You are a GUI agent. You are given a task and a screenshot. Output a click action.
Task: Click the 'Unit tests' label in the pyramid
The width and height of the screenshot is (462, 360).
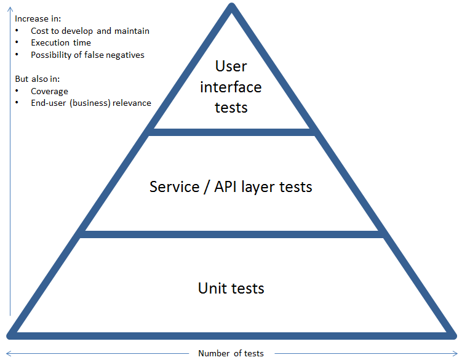point(231,288)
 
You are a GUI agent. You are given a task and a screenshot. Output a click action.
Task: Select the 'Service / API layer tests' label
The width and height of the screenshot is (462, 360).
point(231,186)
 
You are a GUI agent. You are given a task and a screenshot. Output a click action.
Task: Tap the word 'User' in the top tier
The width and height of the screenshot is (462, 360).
point(231,66)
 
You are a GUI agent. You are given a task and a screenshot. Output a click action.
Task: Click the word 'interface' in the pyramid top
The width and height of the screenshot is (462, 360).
point(231,87)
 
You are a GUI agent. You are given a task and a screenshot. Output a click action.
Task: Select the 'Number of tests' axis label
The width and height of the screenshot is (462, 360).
point(231,353)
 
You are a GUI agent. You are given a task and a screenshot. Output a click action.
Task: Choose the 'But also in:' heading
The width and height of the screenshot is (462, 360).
point(37,79)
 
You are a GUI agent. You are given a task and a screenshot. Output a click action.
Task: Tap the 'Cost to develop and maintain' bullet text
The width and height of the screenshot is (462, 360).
point(90,31)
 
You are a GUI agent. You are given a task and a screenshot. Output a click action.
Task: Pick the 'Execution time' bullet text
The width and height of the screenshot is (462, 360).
point(61,43)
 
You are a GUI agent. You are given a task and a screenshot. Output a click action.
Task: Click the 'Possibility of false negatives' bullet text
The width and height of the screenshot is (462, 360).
point(87,55)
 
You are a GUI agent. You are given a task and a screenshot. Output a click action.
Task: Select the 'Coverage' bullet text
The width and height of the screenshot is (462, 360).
point(49,91)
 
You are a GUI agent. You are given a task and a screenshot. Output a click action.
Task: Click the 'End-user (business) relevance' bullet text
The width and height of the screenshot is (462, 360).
point(90,103)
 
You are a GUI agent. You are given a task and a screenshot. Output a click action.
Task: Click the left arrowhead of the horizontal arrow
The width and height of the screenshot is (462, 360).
point(7,353)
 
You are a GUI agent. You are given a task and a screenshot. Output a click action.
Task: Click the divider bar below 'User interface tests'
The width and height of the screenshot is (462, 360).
point(231,132)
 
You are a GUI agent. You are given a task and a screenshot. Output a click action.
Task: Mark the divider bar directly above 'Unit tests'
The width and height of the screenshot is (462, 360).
point(231,234)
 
